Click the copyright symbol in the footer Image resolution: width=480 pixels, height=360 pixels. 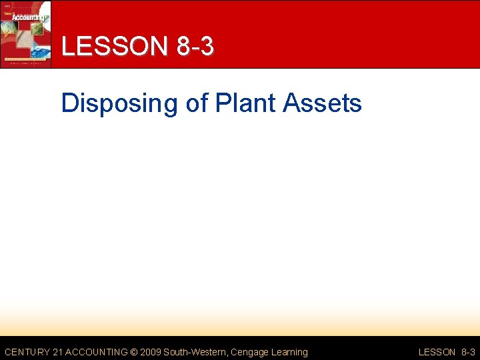(133, 352)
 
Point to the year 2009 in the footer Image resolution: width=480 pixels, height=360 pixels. (151, 352)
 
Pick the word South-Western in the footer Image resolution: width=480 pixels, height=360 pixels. (197, 352)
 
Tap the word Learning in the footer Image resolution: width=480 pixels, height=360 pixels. (289, 352)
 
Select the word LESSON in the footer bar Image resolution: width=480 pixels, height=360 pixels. (437, 352)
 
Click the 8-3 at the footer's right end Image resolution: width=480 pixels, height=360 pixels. (468, 352)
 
